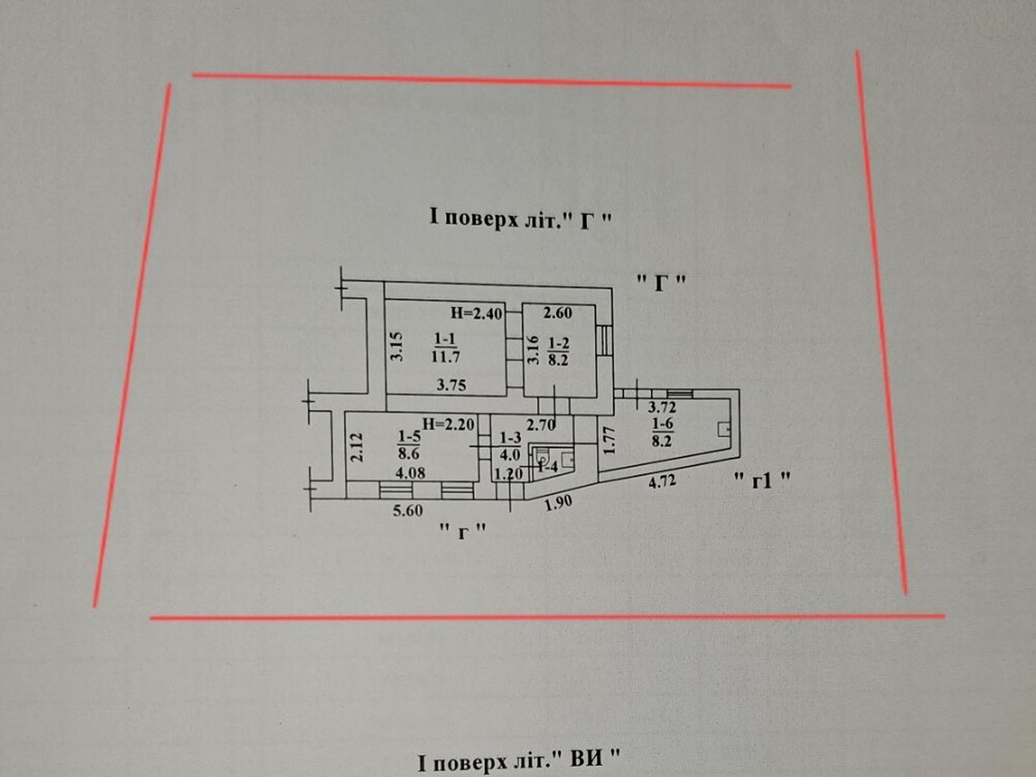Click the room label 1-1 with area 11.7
tap(445, 347)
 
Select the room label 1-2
tap(558, 351)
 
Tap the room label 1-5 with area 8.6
tap(409, 445)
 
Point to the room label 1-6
tap(662, 432)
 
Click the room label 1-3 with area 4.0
tap(510, 446)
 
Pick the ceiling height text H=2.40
tap(476, 313)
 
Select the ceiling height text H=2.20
tap(448, 424)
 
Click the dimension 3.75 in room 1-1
tap(451, 385)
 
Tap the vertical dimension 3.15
tap(397, 346)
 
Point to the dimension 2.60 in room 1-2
tap(557, 312)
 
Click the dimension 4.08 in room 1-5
tap(410, 473)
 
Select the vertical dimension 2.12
tap(357, 447)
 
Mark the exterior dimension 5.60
tap(407, 510)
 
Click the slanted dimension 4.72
tap(662, 481)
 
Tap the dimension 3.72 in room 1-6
tap(662, 407)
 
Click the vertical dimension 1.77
tap(609, 440)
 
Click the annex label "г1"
tap(762, 479)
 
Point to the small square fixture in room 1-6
tap(724, 430)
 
